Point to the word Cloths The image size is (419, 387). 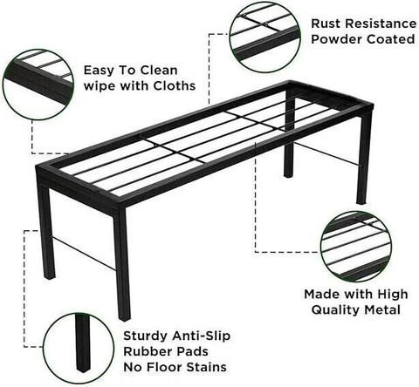[x=174, y=86]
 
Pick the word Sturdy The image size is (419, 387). [x=146, y=336]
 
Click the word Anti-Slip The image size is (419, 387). [x=201, y=336]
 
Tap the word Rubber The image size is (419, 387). [x=146, y=351]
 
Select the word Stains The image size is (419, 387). [x=206, y=367]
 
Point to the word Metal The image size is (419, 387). [x=382, y=309]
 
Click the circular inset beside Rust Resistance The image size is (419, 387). [x=264, y=36]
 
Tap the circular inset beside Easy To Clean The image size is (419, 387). [x=38, y=85]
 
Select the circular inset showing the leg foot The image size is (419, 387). [x=79, y=349]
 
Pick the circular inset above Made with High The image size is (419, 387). [x=356, y=247]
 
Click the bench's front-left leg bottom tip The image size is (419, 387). [x=125, y=318]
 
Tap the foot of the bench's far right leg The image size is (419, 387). [x=361, y=201]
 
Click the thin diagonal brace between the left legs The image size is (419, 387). [x=84, y=253]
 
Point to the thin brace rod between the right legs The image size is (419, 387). [x=328, y=154]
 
